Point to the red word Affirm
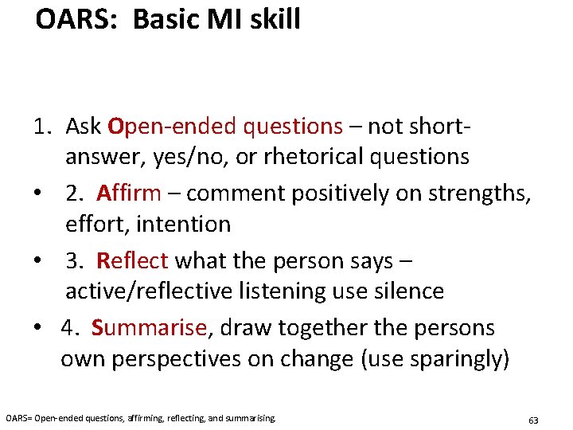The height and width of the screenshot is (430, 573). click(x=129, y=193)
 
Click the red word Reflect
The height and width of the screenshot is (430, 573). click(x=132, y=260)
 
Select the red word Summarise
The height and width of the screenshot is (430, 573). click(x=150, y=327)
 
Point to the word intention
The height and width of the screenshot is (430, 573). click(x=183, y=225)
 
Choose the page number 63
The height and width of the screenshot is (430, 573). click(x=533, y=419)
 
